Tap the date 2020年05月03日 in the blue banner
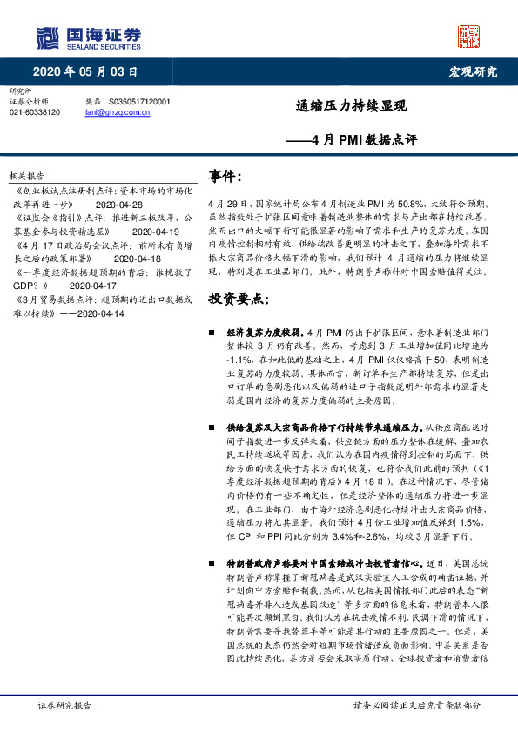click(86, 72)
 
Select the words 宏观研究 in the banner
click(473, 72)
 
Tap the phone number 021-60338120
click(35, 112)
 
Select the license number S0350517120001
click(140, 102)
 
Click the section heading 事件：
click(225, 176)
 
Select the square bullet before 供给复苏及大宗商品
click(212, 428)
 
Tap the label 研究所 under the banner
click(19, 91)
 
